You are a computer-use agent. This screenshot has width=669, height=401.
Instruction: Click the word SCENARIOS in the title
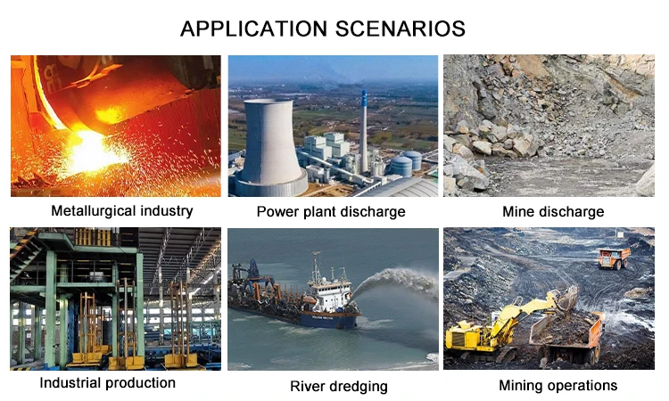pyautogui.click(x=400, y=29)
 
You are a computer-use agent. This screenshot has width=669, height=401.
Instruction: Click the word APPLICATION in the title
pyautogui.click(x=254, y=29)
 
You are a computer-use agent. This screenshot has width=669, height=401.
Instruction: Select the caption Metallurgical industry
pyautogui.click(x=122, y=211)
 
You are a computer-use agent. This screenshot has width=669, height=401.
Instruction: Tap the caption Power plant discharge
pyautogui.click(x=331, y=212)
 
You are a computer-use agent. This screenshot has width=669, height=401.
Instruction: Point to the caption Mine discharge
pyautogui.click(x=553, y=212)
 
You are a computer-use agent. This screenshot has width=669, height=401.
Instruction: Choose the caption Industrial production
pyautogui.click(x=108, y=383)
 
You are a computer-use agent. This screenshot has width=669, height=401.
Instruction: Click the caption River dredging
pyautogui.click(x=339, y=387)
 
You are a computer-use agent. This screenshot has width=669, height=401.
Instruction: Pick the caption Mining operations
pyautogui.click(x=558, y=386)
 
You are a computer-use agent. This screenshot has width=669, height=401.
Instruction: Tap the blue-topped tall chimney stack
pyautogui.click(x=364, y=130)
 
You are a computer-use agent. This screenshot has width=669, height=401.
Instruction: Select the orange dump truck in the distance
pyautogui.click(x=614, y=258)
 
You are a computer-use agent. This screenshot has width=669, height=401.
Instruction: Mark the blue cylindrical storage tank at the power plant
pyautogui.click(x=401, y=167)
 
